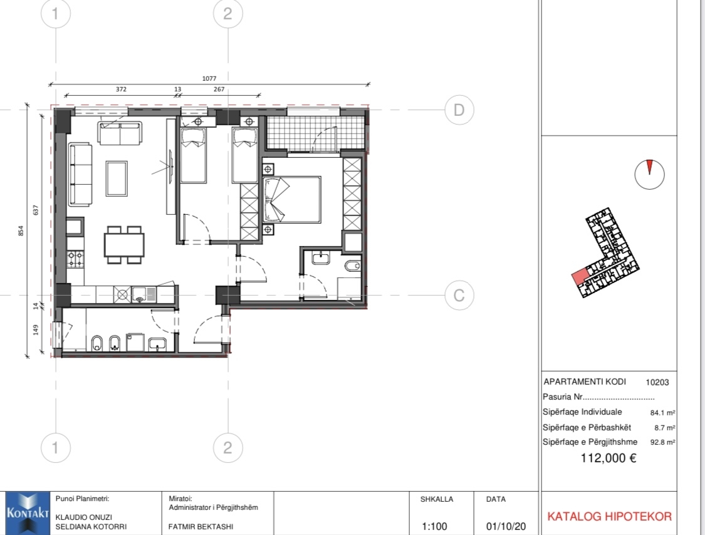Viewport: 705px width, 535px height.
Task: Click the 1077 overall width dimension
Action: (x=209, y=79)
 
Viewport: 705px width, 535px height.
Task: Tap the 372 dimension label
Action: (x=121, y=90)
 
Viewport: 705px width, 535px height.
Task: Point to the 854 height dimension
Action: (x=21, y=231)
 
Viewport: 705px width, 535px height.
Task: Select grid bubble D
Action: (x=459, y=110)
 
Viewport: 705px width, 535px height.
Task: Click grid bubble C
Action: (x=459, y=295)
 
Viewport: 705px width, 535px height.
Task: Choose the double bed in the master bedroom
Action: (x=292, y=200)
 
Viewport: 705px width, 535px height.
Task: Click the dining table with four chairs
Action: (x=124, y=245)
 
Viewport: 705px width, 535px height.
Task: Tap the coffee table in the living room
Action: (x=117, y=179)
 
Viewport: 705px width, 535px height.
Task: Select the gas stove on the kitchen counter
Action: (x=76, y=259)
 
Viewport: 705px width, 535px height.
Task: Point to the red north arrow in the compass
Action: (x=649, y=167)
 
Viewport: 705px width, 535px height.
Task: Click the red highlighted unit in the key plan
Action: (x=580, y=276)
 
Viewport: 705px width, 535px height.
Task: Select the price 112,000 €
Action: (x=608, y=458)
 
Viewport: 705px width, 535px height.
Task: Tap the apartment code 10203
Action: (x=657, y=383)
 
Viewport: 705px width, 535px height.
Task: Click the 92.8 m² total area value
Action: (x=663, y=442)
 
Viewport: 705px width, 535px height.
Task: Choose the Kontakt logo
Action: (x=28, y=513)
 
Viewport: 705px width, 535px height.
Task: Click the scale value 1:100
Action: (x=434, y=526)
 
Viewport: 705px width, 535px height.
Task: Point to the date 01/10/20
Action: (x=506, y=526)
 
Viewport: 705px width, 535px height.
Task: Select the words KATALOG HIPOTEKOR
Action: (x=609, y=517)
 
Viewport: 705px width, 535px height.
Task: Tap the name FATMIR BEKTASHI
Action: (x=201, y=526)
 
